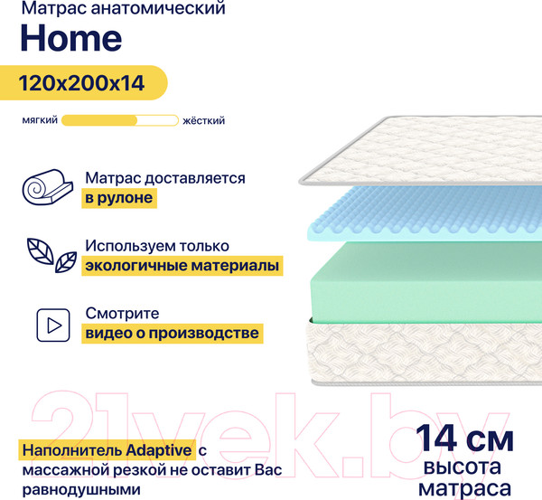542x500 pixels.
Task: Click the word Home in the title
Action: point(70,39)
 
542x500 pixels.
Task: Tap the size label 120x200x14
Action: point(82,84)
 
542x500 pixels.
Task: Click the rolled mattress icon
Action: point(44,189)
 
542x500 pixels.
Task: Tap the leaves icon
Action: point(51,256)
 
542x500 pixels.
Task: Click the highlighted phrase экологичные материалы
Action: point(182,266)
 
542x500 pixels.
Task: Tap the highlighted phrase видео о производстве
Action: point(172,334)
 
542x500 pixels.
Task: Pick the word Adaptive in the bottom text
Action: point(160,449)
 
